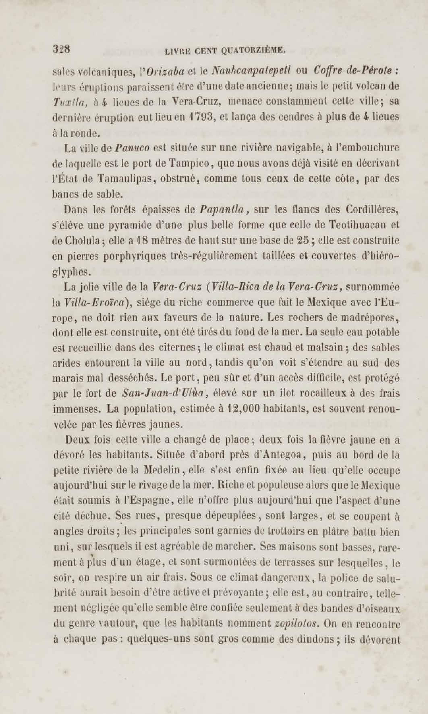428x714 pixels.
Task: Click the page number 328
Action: [x=61, y=49]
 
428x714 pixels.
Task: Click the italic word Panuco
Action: [x=132, y=148]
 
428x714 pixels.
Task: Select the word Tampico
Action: [x=189, y=163]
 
